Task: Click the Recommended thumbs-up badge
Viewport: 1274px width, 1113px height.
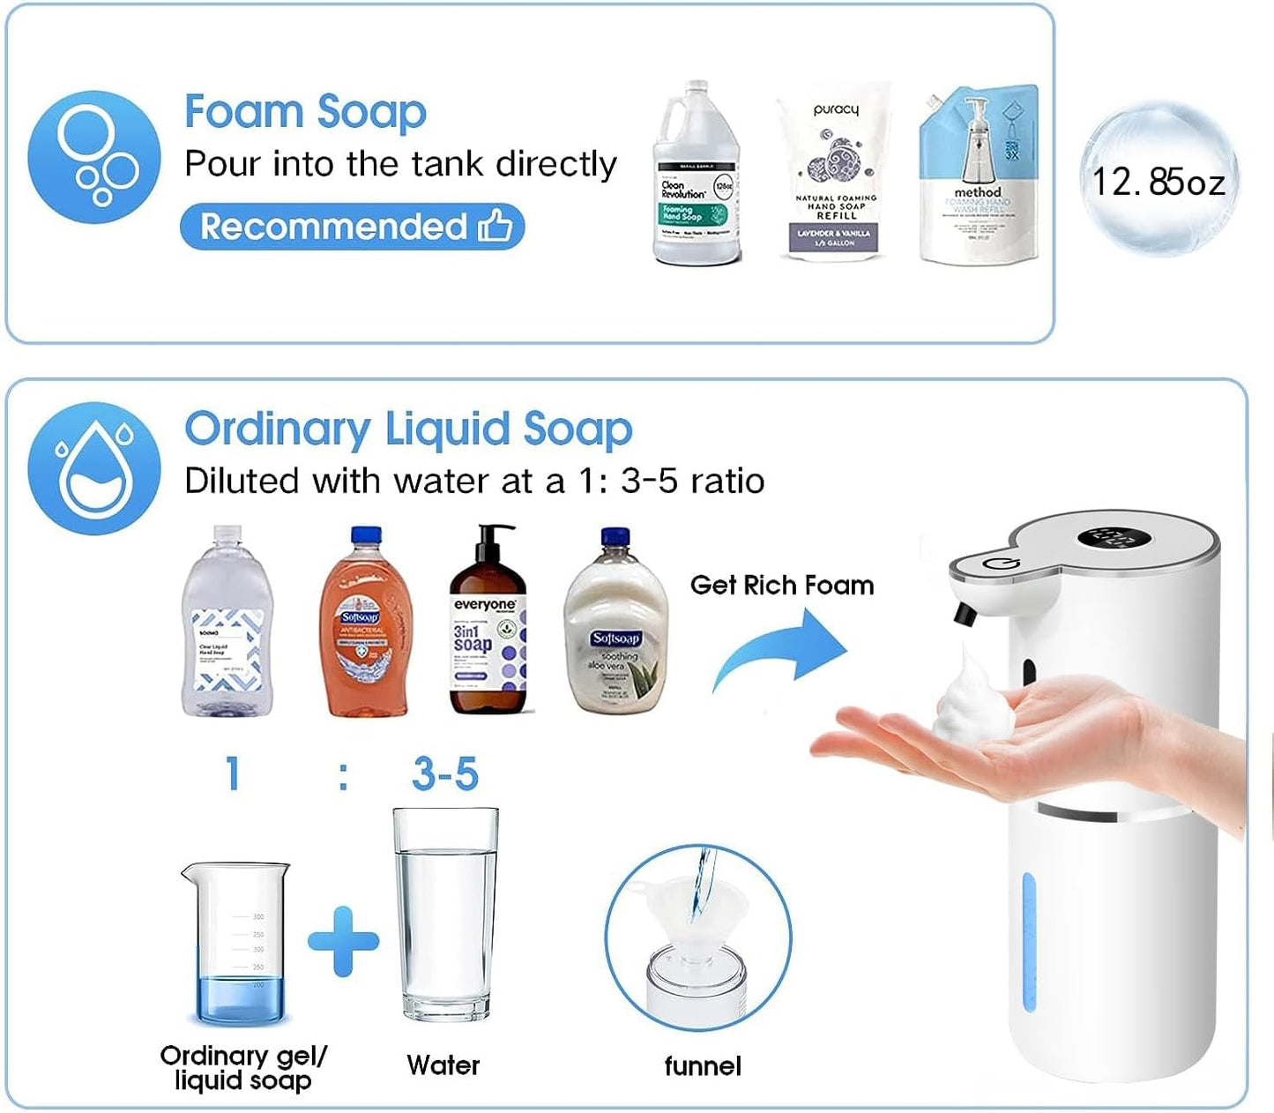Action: coord(352,227)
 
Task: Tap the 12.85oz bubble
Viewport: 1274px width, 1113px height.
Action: coord(1159,181)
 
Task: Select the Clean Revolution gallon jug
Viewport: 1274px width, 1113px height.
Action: coord(695,176)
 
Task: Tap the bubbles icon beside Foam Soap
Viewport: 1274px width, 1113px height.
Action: coord(93,157)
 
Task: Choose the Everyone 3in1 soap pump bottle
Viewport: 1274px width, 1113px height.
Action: coord(488,623)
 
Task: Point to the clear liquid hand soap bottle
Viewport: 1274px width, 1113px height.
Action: coord(227,623)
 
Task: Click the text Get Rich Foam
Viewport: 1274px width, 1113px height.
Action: coord(781,586)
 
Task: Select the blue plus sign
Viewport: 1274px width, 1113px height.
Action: coord(343,941)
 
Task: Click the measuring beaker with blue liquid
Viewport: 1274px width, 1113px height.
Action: coord(237,944)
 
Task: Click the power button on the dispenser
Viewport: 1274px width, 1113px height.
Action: coord(1002,565)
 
